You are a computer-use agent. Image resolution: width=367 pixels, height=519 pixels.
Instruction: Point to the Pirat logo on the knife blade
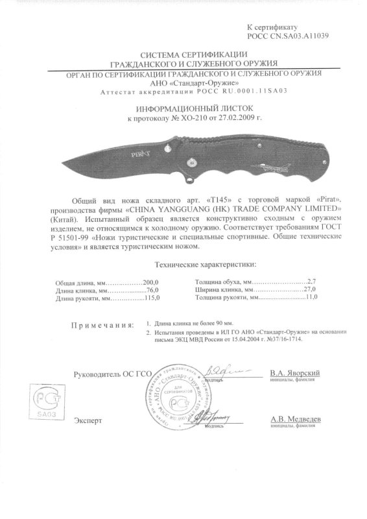pos(139,155)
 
